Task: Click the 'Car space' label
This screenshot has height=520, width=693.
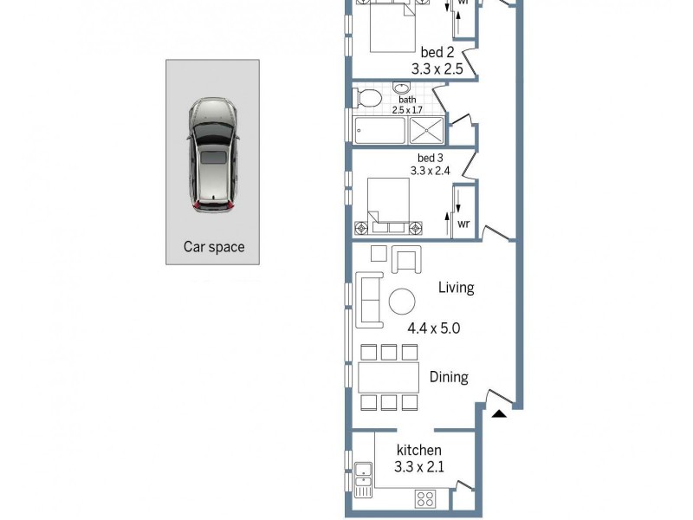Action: pyautogui.click(x=213, y=247)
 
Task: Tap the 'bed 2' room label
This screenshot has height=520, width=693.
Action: pyautogui.click(x=437, y=52)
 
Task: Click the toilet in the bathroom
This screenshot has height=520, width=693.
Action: pyautogui.click(x=367, y=97)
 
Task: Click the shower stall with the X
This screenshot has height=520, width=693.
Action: pyautogui.click(x=426, y=130)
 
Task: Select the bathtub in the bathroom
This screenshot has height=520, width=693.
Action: pyautogui.click(x=380, y=131)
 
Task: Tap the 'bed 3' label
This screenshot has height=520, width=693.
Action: pyautogui.click(x=431, y=158)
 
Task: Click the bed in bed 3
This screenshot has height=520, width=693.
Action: pyautogui.click(x=387, y=206)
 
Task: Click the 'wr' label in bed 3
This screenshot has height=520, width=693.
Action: pyautogui.click(x=463, y=224)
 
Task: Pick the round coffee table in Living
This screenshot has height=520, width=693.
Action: pyautogui.click(x=401, y=301)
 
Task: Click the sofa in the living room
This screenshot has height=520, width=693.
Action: pyautogui.click(x=369, y=300)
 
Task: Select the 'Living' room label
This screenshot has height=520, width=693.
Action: pyautogui.click(x=456, y=288)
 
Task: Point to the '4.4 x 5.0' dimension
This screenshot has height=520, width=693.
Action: pyautogui.click(x=433, y=328)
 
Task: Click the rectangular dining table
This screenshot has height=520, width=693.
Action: pyautogui.click(x=389, y=377)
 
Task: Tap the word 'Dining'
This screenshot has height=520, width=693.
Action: pyautogui.click(x=449, y=377)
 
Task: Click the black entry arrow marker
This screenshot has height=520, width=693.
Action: pyautogui.click(x=499, y=413)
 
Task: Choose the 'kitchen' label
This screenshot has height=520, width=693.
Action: pyautogui.click(x=418, y=450)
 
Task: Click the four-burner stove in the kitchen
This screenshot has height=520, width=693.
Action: pyautogui.click(x=425, y=498)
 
